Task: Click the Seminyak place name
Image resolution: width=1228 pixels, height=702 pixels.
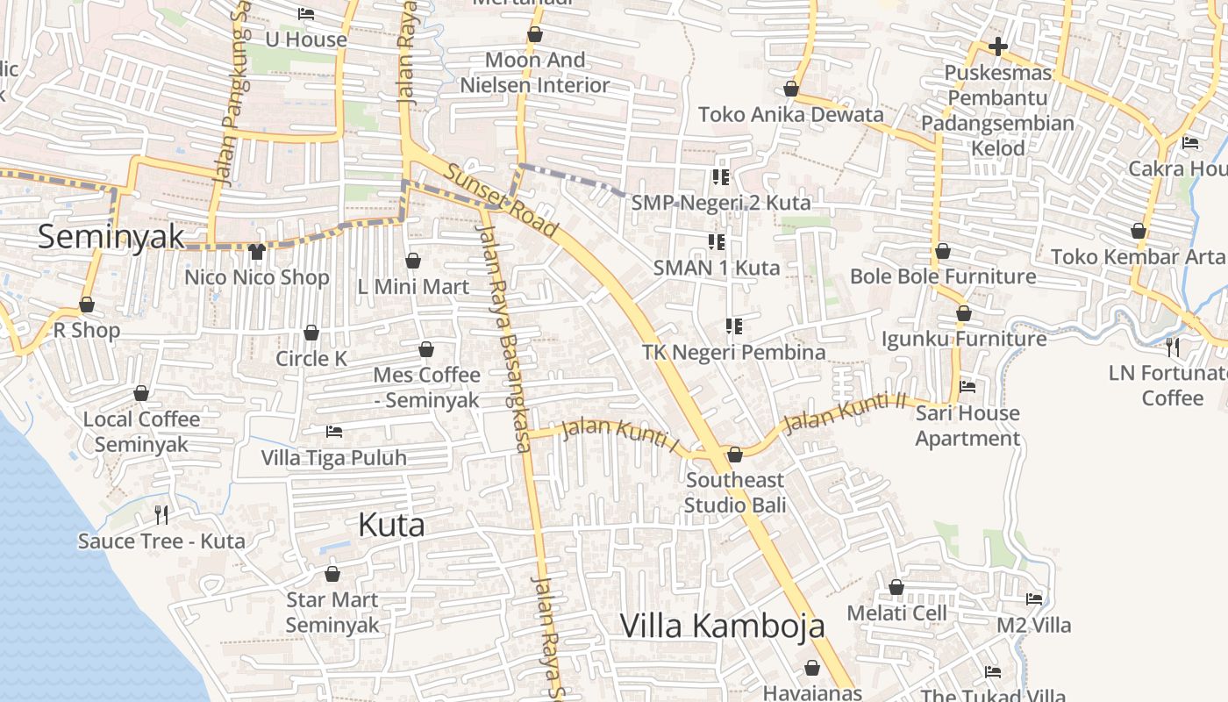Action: tap(111, 236)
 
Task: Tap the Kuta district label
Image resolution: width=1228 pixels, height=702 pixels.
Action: tap(391, 525)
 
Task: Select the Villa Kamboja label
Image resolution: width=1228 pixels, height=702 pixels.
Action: tap(722, 626)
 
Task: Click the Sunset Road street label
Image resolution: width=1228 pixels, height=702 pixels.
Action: tap(501, 201)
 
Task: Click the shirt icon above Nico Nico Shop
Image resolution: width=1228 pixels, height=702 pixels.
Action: tap(256, 252)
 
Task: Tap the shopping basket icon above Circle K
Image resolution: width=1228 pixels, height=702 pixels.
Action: tap(311, 333)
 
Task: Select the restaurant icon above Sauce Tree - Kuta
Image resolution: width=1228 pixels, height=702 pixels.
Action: tap(161, 514)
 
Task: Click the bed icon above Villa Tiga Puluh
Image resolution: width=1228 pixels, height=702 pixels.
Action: tap(333, 431)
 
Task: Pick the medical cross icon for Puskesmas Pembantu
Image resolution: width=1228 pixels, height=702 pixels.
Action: tap(997, 47)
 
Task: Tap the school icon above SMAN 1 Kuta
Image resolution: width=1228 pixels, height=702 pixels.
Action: tap(716, 241)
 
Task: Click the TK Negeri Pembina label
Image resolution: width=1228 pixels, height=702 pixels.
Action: tap(733, 352)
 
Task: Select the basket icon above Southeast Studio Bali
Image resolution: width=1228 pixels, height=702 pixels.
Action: tap(735, 454)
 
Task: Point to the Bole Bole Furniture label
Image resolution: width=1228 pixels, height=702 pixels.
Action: tap(943, 277)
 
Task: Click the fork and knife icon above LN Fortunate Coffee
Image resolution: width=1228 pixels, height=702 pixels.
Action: tap(1173, 347)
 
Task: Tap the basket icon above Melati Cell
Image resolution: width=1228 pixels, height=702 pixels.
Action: tap(896, 586)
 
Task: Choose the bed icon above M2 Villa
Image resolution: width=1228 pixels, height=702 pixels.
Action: tap(1034, 599)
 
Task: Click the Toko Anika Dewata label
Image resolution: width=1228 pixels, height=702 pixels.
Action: tap(790, 115)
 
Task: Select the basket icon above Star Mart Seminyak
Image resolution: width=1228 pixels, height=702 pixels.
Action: tap(332, 574)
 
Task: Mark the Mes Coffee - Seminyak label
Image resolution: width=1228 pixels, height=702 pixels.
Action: tap(426, 387)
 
